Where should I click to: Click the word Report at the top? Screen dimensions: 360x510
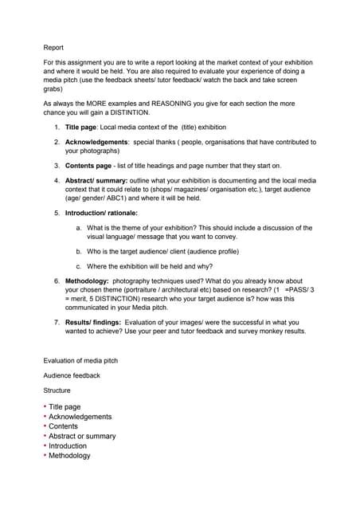click(x=53, y=48)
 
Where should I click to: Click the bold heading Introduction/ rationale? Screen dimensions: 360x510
click(x=101, y=214)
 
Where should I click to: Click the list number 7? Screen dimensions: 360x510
click(x=57, y=322)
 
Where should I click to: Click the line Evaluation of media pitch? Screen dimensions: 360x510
click(x=80, y=361)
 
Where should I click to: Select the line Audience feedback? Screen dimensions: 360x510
click(x=72, y=375)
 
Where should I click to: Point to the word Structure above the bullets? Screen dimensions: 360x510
click(x=57, y=390)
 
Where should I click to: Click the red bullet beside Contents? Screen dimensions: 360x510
click(x=45, y=426)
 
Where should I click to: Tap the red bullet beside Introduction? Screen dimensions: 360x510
click(x=45, y=446)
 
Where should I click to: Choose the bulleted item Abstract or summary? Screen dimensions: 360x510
click(x=82, y=436)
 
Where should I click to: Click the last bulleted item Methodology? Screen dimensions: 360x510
click(x=69, y=456)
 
